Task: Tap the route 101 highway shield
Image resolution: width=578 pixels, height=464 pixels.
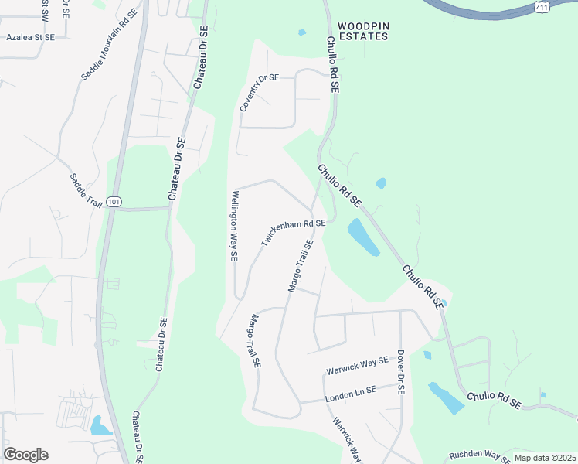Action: pos(114,202)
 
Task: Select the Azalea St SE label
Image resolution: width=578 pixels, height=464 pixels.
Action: pos(30,36)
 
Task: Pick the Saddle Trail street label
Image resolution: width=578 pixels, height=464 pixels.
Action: pos(86,189)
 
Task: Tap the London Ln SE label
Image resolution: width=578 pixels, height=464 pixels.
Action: pos(350,393)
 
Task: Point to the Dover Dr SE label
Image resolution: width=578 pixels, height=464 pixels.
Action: pos(401,372)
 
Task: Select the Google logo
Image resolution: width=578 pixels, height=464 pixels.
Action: pos(25,455)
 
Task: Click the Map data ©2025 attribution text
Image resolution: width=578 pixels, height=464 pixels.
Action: pos(545,458)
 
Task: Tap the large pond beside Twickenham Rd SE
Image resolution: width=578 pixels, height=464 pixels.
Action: pos(363,237)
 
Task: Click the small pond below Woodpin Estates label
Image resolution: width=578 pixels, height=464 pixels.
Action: pos(301,32)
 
